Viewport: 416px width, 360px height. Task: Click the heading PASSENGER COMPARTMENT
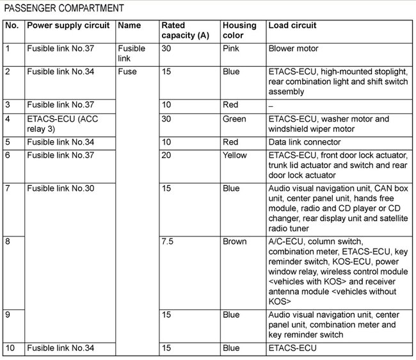point(64,8)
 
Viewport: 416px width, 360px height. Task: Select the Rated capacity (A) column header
point(185,30)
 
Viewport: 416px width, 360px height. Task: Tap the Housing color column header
point(239,30)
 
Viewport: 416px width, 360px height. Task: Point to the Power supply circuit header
point(68,26)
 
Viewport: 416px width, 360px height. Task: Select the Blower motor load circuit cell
point(294,49)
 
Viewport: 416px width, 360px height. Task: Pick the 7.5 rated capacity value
point(168,242)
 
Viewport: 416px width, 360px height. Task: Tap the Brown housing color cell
point(235,242)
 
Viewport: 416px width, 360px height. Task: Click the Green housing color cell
point(234,119)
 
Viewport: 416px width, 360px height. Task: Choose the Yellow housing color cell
point(235,156)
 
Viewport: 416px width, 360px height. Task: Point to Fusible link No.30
point(61,188)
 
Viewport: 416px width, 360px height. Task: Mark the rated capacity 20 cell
point(166,156)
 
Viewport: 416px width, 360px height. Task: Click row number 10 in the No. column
point(11,348)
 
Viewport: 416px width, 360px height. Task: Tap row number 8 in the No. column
point(8,242)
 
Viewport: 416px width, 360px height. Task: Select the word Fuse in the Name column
point(127,72)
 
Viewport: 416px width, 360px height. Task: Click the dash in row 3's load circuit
point(271,105)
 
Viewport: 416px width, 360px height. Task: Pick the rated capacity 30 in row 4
point(166,119)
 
